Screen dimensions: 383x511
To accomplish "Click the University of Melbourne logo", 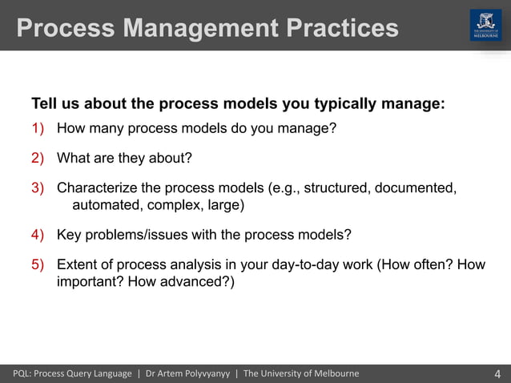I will pos(485,26).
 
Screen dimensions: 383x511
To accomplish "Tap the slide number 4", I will pos(497,374).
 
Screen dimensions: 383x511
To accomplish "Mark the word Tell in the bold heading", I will pos(44,104).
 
